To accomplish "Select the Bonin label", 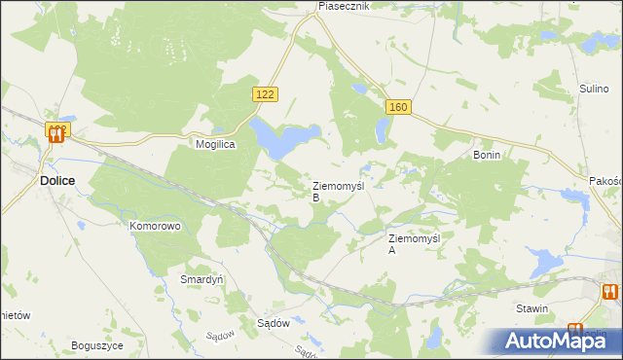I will pos(486,155).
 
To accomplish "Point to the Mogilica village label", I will pos(216,142).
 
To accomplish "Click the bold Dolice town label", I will pos(58,181).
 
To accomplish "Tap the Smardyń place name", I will pos(202,278).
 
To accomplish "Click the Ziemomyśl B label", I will pos(337,190).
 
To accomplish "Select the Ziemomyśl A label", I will pos(415,243).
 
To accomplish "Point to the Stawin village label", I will pos(532,308).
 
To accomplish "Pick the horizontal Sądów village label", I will pos(275,325).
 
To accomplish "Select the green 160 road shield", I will pos(395,106).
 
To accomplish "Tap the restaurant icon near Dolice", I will pos(56,135).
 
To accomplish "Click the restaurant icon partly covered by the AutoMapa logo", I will pos(575,333).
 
